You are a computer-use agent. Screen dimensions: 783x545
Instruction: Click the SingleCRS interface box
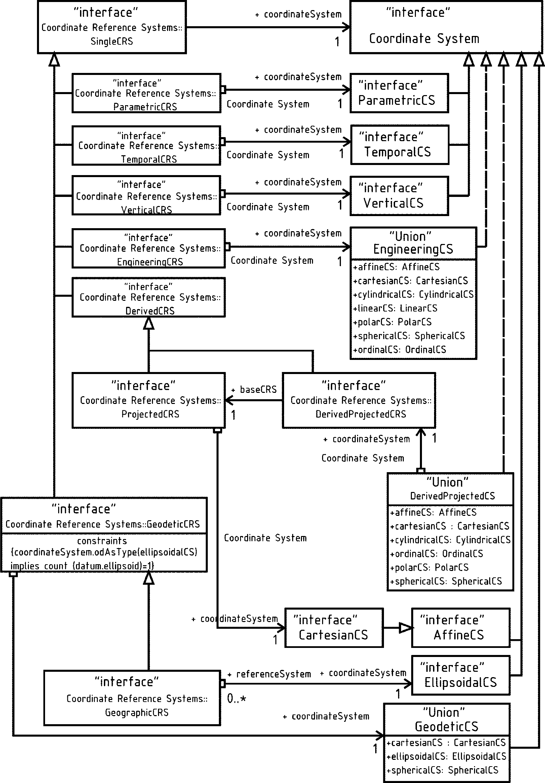pyautogui.click(x=112, y=27)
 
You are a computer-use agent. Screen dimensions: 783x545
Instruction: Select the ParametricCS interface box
pyautogui.click(x=399, y=93)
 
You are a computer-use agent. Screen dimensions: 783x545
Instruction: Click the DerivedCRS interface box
pyautogui.click(x=149, y=297)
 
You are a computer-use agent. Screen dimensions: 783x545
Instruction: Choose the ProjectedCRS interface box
pyautogui.click(x=149, y=400)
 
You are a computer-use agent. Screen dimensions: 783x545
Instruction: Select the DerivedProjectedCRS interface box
pyautogui.click(x=359, y=400)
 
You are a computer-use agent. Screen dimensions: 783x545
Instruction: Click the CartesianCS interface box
pyautogui.click(x=334, y=628)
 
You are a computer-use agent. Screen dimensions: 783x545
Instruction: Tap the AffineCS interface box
pyautogui.click(x=461, y=628)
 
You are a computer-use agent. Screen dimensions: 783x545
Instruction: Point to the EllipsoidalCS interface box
pyautogui.click(x=461, y=675)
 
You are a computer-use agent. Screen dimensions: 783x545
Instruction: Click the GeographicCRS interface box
pyautogui.click(x=132, y=698)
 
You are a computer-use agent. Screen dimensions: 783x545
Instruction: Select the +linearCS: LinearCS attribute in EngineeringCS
pyautogui.click(x=395, y=308)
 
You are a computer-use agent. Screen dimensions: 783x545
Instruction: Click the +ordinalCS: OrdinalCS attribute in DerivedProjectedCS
pyautogui.click(x=436, y=554)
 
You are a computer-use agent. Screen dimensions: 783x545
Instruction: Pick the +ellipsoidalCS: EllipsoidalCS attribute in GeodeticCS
pyautogui.click(x=446, y=756)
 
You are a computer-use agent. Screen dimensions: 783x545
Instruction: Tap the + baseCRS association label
pyautogui.click(x=254, y=389)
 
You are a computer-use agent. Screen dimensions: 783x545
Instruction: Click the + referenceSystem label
pyautogui.click(x=270, y=674)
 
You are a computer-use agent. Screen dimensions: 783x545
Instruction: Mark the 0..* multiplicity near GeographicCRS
pyautogui.click(x=236, y=699)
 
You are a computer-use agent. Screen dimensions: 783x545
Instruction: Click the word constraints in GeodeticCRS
pyautogui.click(x=102, y=541)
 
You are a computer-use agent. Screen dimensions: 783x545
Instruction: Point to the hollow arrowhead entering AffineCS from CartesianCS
pyautogui.click(x=406, y=628)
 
